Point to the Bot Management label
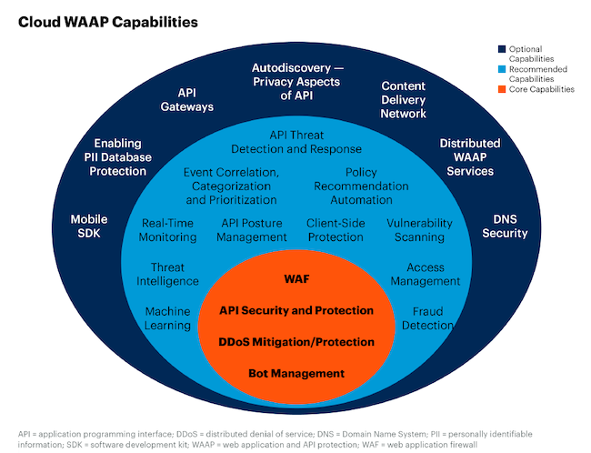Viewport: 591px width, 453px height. [x=296, y=373]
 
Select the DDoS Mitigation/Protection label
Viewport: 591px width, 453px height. [x=296, y=342]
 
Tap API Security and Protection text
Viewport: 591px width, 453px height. [x=296, y=311]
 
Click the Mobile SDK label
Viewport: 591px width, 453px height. [x=89, y=226]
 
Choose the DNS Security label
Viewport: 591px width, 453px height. [x=505, y=226]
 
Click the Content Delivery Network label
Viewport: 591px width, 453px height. [x=404, y=100]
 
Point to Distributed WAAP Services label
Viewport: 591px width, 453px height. [x=470, y=157]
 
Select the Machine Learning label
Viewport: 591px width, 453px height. [x=168, y=318]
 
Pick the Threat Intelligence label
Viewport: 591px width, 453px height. [x=168, y=275]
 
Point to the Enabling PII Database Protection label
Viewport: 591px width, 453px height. [x=125, y=157]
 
